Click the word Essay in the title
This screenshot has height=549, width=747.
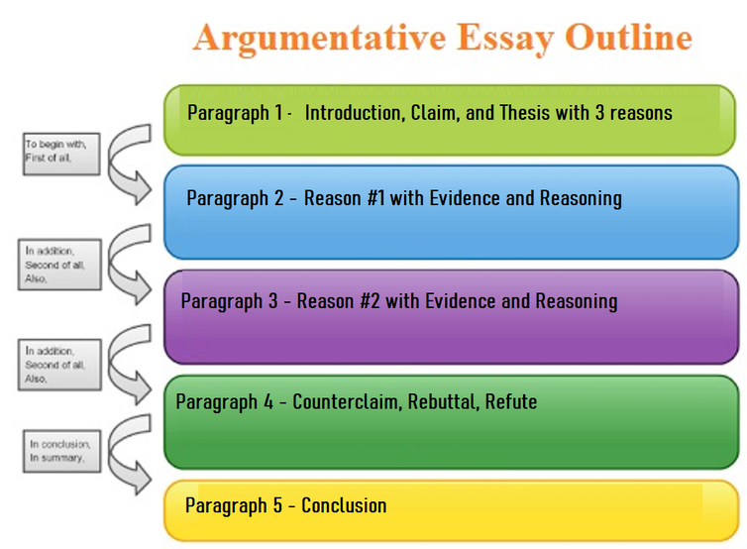[506, 39]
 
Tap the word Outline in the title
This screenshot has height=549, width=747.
[628, 37]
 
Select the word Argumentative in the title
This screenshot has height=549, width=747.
[319, 39]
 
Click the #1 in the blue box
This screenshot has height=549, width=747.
[375, 198]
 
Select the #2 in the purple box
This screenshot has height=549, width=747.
[371, 301]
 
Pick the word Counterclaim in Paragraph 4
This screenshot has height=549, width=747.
[347, 401]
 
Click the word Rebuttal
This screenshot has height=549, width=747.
[444, 401]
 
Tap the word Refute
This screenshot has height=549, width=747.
[511, 401]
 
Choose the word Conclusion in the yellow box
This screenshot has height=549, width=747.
[344, 505]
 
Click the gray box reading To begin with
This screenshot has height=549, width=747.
[61, 154]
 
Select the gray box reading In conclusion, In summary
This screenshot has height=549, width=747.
[62, 451]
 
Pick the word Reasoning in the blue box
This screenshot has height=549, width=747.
[581, 199]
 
